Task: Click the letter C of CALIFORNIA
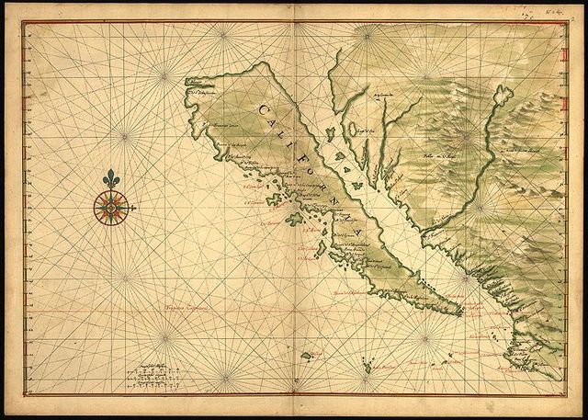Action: (x=262, y=110)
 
